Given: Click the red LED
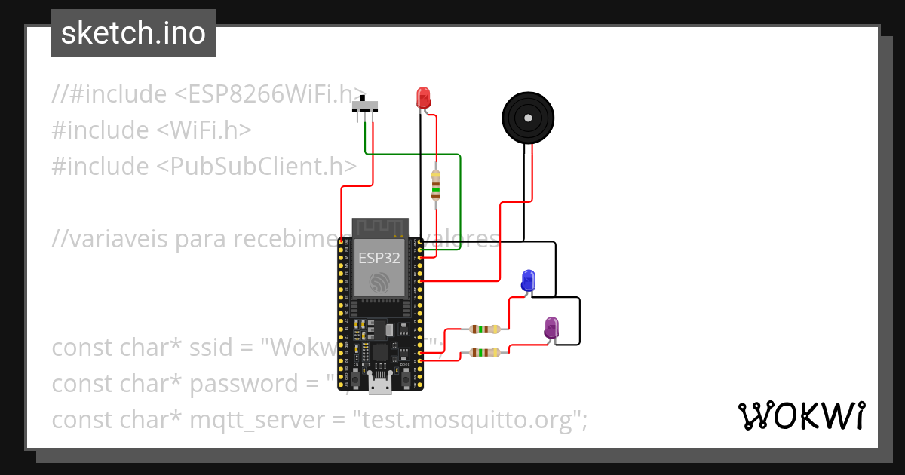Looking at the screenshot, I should click(423, 97).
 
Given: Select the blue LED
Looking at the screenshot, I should click(529, 280).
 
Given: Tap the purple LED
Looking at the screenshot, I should click(551, 327).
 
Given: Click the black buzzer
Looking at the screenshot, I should click(528, 118).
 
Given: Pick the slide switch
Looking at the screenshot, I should click(367, 106).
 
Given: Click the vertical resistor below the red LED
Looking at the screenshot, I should click(435, 185).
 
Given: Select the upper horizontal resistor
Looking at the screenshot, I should click(483, 329).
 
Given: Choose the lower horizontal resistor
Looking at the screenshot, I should click(483, 352).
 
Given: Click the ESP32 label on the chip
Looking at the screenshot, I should click(379, 258).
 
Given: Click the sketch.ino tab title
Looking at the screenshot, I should click(133, 33).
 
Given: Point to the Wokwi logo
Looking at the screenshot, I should click(800, 415).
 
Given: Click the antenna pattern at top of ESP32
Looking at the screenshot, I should click(380, 227).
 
